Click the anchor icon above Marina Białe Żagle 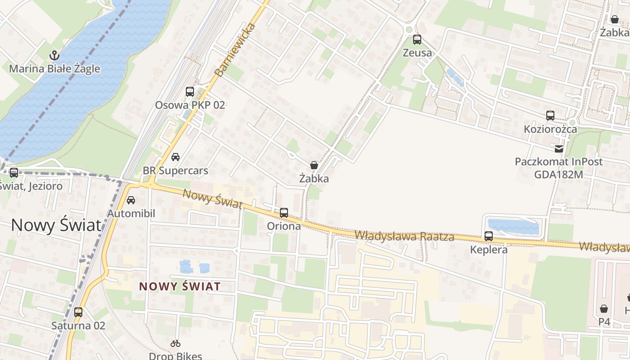point(54,56)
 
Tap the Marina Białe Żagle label point(54,69)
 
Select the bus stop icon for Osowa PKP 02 point(190,92)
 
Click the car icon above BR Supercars point(175,157)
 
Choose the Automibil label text point(131,213)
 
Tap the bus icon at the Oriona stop point(284,213)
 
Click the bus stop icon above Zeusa point(417,40)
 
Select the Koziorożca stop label point(550,129)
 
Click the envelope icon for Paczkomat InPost point(558,148)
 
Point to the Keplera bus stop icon point(489,236)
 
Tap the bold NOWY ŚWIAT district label point(180,286)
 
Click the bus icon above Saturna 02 point(78,312)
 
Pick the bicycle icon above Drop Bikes point(175,344)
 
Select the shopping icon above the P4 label point(604,309)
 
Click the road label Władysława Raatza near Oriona point(404,235)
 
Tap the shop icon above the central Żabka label point(314,166)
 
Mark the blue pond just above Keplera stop point(513,226)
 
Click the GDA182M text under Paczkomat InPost point(558,174)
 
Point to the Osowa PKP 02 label point(190,105)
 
